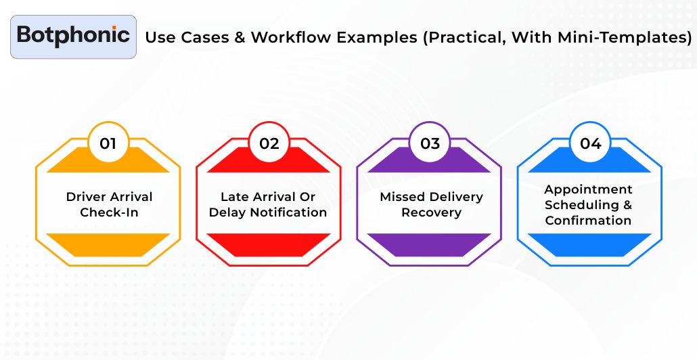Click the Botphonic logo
(x=73, y=36)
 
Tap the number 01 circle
(x=108, y=143)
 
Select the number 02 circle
(x=269, y=143)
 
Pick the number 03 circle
(x=430, y=143)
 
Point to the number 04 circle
(x=590, y=143)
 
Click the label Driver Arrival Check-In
(x=109, y=204)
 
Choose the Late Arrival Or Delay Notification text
(x=268, y=204)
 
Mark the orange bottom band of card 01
(x=108, y=244)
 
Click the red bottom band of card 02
(x=269, y=244)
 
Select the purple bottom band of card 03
(x=430, y=244)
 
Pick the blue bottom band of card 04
(x=589, y=244)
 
